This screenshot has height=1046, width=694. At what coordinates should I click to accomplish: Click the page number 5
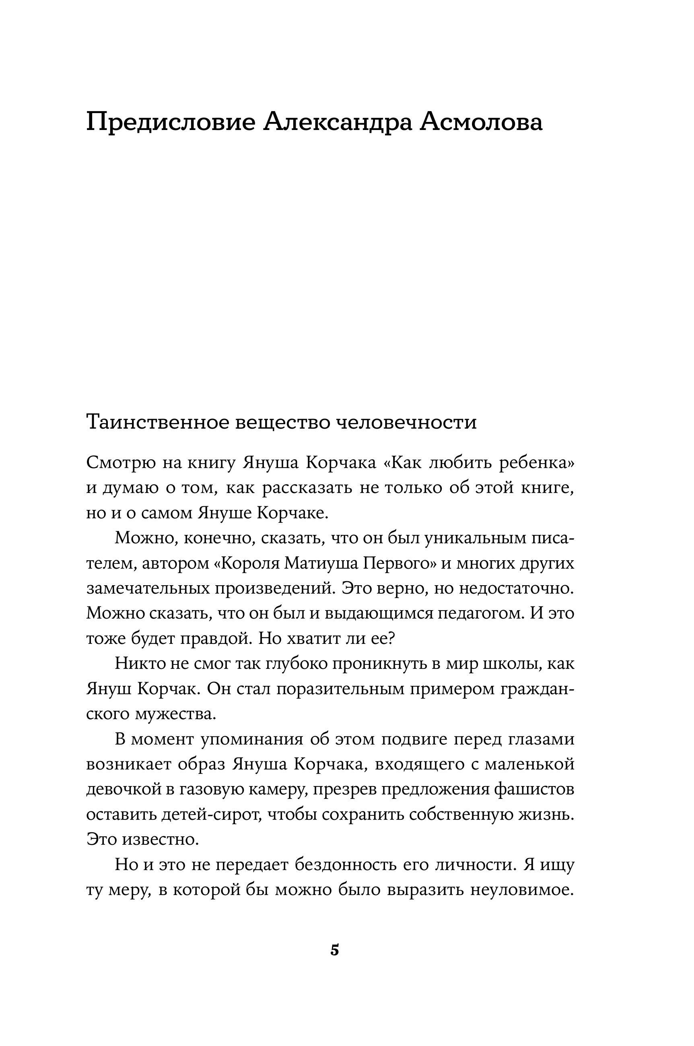[335, 950]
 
